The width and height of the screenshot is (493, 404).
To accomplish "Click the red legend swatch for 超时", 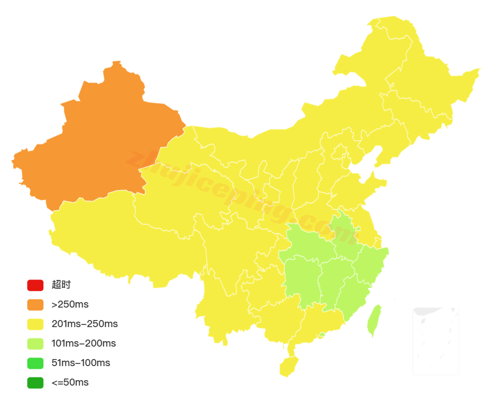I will (x=35, y=285).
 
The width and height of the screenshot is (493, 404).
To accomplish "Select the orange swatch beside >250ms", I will (x=35, y=304).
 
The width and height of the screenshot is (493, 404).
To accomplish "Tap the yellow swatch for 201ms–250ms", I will (x=35, y=324).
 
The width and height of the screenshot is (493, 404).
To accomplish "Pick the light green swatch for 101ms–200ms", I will (x=35, y=343).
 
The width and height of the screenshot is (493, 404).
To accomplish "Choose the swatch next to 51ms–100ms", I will (x=35, y=363).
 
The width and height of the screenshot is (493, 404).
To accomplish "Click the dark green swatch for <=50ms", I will (x=35, y=382).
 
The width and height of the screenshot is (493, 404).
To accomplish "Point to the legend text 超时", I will (x=61, y=285).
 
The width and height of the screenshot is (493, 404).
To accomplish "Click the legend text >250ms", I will (x=70, y=304).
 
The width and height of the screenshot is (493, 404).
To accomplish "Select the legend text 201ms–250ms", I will (x=85, y=324).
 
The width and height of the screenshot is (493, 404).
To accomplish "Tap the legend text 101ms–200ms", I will (x=84, y=343).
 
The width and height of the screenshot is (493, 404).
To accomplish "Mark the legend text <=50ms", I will (x=70, y=382).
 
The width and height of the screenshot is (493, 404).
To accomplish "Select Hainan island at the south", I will (x=288, y=366).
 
